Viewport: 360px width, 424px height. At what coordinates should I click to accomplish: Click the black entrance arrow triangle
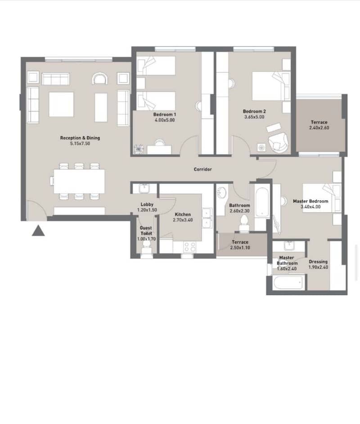38,231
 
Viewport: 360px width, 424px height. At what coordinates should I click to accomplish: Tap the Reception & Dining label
80,138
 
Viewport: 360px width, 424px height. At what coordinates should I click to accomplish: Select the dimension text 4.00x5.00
165,120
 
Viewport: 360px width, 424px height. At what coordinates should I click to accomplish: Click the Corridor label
203,169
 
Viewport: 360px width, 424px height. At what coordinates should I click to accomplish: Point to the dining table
79,181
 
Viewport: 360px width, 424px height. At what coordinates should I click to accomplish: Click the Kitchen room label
183,214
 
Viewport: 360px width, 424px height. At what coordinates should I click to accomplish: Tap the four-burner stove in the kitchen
190,246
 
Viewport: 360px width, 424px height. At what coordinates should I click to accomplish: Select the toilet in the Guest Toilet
146,247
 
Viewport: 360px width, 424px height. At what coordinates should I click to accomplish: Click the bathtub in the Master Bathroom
288,282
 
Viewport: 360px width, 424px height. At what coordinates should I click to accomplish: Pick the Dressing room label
318,262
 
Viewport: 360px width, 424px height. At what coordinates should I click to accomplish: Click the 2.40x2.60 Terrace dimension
319,128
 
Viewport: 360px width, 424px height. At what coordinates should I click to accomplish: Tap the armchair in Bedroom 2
278,142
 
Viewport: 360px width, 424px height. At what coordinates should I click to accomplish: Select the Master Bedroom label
310,201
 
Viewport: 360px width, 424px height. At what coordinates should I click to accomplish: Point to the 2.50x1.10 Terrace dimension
240,248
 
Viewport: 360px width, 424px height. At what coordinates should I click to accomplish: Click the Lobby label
147,205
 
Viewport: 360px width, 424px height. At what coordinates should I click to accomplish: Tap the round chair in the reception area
100,78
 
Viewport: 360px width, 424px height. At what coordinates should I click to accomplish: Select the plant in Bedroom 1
139,149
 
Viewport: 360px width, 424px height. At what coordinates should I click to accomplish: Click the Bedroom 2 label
254,112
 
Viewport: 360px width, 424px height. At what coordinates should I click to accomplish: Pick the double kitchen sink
208,218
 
